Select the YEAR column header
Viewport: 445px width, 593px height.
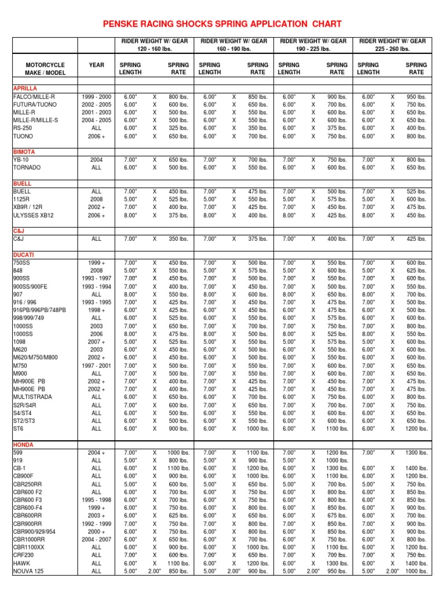pyautogui.click(x=97, y=65)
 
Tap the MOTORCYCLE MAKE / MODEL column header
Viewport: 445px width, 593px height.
pyautogui.click(x=45, y=69)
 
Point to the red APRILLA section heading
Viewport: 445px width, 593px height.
pyautogui.click(x=25, y=88)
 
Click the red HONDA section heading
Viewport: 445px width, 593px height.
pyautogui.click(x=23, y=444)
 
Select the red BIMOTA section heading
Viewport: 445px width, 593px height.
pyautogui.click(x=24, y=152)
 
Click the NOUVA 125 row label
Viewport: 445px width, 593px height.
pyautogui.click(x=30, y=570)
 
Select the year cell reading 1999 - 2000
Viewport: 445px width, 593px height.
pyautogui.click(x=97, y=97)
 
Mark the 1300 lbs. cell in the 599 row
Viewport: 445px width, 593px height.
pyautogui.click(x=417, y=452)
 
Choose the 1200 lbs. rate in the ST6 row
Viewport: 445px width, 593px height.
pyautogui.click(x=417, y=429)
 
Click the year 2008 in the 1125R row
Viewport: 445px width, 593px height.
pyautogui.click(x=97, y=199)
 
